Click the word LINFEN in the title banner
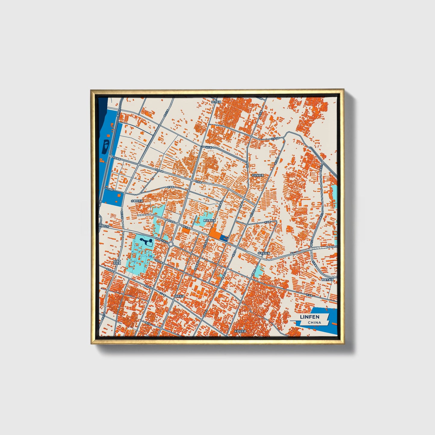[309, 317]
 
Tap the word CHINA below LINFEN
[314, 322]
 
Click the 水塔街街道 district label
[137, 200]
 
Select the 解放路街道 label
[210, 220]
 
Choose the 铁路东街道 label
[328, 280]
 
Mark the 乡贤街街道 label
[240, 331]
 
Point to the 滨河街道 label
[216, 102]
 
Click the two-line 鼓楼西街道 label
[117, 263]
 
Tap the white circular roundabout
[171, 244]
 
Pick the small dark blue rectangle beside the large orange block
[224, 238]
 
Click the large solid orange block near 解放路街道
[215, 233]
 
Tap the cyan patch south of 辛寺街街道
[258, 271]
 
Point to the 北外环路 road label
[275, 138]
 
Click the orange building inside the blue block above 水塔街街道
[120, 195]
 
